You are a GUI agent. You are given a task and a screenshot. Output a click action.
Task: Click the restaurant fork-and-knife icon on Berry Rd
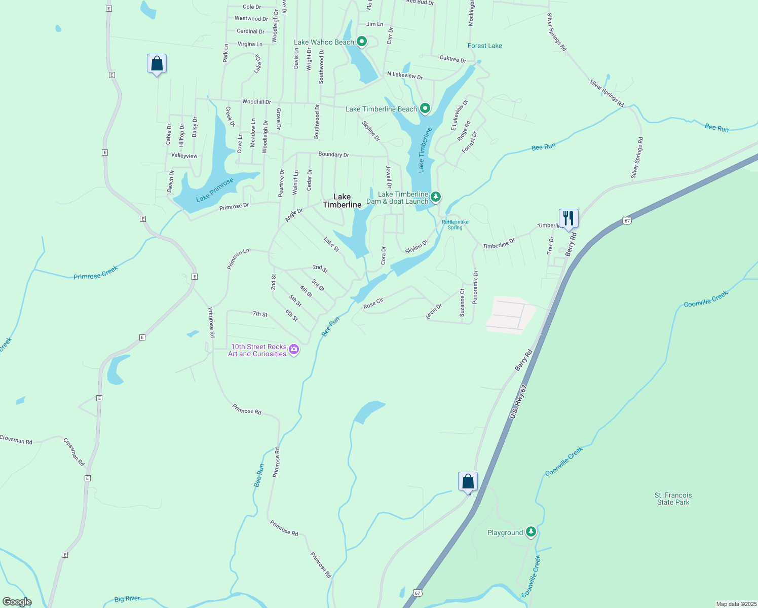(x=568, y=218)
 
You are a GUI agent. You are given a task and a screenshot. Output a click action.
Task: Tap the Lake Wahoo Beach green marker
(x=362, y=42)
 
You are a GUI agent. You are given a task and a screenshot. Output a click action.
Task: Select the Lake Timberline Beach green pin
(x=425, y=108)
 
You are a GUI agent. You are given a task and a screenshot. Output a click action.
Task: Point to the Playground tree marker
(x=530, y=531)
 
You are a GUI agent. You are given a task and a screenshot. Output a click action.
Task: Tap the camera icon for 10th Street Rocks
(x=293, y=350)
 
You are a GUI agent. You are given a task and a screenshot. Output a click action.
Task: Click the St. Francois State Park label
(x=673, y=499)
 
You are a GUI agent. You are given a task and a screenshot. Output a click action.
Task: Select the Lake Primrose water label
(x=215, y=189)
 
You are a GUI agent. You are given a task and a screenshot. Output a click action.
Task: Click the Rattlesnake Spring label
(x=454, y=224)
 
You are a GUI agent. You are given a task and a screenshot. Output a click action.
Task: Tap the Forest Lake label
(x=484, y=46)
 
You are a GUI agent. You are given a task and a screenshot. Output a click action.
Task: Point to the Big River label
(x=127, y=599)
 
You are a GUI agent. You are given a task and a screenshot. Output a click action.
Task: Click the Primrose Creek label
(x=95, y=273)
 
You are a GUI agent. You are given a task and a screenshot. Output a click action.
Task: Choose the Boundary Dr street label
(x=333, y=154)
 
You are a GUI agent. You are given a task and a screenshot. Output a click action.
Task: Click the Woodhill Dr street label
(x=256, y=102)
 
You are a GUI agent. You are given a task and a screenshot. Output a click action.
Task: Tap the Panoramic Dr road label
(x=475, y=287)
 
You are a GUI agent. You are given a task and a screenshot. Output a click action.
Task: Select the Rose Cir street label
(x=373, y=303)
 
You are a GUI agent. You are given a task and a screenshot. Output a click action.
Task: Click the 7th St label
(x=260, y=314)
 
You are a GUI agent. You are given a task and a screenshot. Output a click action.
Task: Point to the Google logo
(x=17, y=602)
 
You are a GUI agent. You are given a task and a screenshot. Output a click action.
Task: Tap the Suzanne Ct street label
(x=462, y=302)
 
